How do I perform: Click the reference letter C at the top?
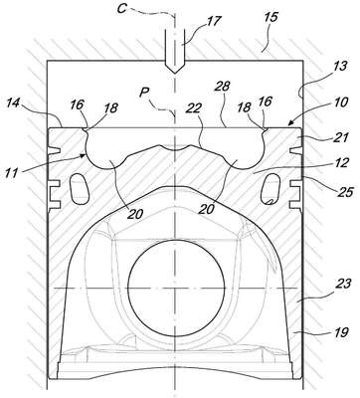pyautogui.click(x=122, y=9)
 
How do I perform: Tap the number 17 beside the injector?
pyautogui.click(x=214, y=21)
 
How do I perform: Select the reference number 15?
pyautogui.click(x=271, y=17)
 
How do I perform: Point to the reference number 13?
pyautogui.click(x=339, y=67)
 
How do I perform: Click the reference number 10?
pyautogui.click(x=341, y=102)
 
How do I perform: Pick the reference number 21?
pyautogui.click(x=342, y=137)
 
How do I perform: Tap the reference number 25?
pyautogui.click(x=347, y=192)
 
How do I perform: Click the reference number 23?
pyautogui.click(x=341, y=284)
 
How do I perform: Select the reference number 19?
pyautogui.click(x=342, y=332)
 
